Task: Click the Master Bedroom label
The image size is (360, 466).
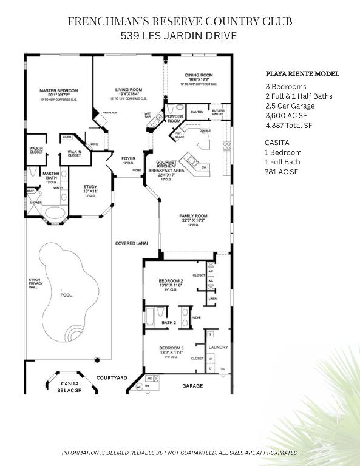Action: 59,91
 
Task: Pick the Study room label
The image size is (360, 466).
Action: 90,187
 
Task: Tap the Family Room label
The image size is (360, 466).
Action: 193,217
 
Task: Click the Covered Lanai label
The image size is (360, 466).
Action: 132,243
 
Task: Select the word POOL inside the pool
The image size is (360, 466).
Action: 66,295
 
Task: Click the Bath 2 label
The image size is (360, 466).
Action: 169,323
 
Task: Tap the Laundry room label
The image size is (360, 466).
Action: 218,347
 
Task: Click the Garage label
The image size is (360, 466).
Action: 192,385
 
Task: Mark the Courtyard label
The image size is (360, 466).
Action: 112,378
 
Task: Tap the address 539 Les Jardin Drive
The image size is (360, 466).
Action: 179,36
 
